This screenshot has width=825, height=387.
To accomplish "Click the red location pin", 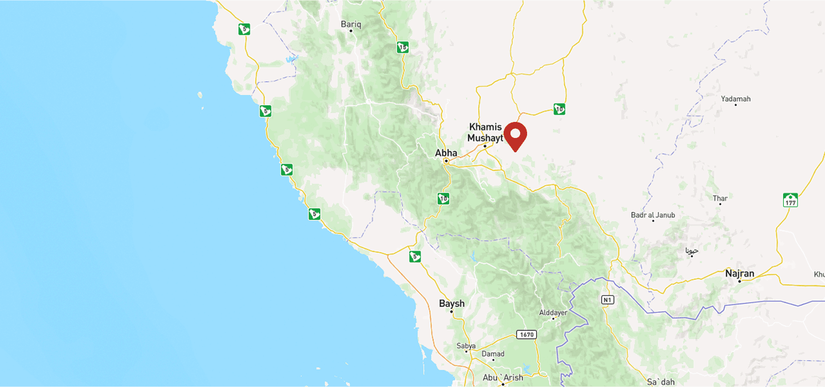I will [x=515, y=136].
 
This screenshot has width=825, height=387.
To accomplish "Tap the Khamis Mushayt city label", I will [x=485, y=132].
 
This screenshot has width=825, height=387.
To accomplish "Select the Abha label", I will [x=446, y=153].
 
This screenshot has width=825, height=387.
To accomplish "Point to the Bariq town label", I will [x=351, y=24].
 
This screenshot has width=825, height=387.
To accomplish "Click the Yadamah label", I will [x=736, y=99].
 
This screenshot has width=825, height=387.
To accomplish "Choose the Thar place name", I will [x=720, y=199].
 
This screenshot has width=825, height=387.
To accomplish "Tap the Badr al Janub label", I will [x=653, y=215].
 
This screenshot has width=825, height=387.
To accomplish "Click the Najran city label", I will [x=740, y=273].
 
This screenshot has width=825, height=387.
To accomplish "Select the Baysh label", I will [x=451, y=303].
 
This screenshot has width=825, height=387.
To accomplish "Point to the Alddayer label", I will [x=553, y=313].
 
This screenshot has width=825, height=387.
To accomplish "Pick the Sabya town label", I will [x=466, y=346].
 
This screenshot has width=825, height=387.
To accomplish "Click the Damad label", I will [x=493, y=354].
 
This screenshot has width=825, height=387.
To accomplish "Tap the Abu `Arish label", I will [x=502, y=377].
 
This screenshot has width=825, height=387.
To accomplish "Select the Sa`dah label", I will [x=661, y=382].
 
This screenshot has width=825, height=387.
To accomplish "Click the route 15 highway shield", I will [x=403, y=48].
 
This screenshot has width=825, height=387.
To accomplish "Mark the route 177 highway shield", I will [x=791, y=200].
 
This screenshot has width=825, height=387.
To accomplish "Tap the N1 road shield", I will [x=607, y=299].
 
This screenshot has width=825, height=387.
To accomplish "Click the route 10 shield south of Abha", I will [x=443, y=199].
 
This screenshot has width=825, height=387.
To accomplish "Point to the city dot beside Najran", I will [x=740, y=281].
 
